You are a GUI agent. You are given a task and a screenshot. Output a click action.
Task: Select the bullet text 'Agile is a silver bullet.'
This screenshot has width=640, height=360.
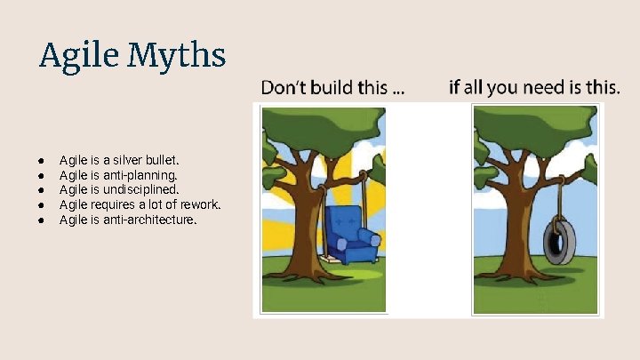pos(119,161)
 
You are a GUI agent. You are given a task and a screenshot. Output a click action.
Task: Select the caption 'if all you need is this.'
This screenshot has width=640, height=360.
pos(534,87)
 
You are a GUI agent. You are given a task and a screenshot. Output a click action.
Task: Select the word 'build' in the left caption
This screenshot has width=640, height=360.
pos(324,87)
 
